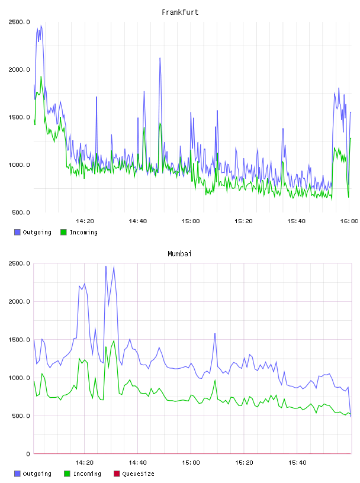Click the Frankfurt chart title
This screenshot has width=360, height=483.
pyautogui.click(x=180, y=12)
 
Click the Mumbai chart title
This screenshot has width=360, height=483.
pyautogui.click(x=179, y=254)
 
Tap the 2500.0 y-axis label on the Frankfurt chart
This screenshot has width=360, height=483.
pyautogui.click(x=19, y=22)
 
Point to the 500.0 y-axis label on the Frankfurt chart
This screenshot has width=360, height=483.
pyautogui.click(x=21, y=212)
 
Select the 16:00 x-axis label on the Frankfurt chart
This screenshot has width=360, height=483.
pyautogui.click(x=349, y=221)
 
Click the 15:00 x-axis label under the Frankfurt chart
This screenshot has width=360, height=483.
pyautogui.click(x=191, y=221)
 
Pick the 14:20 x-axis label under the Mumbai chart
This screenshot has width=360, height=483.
pyautogui.click(x=85, y=463)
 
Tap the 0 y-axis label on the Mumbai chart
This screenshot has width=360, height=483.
pyautogui.click(x=28, y=454)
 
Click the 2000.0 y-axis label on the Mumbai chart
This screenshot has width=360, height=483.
pyautogui.click(x=19, y=301)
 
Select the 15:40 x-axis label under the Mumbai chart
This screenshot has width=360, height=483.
pyautogui.click(x=297, y=463)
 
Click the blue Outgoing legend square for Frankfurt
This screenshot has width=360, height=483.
pyautogui.click(x=17, y=232)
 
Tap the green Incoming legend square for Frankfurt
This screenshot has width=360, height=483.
pyautogui.click(x=63, y=232)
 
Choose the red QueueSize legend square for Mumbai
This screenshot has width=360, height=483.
pyautogui.click(x=117, y=474)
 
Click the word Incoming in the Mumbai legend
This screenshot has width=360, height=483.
pyautogui.click(x=87, y=474)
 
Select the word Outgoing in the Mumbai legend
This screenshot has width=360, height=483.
pyautogui.click(x=37, y=474)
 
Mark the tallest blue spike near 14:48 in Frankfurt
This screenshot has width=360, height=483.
pyautogui.click(x=160, y=58)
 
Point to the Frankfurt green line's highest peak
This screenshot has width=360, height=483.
pyautogui.click(x=41, y=77)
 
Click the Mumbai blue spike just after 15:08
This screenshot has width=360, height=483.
pyautogui.click(x=215, y=334)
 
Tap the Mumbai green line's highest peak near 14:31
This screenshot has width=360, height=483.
pyautogui.click(x=114, y=341)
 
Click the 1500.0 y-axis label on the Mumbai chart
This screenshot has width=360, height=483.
pyautogui.click(x=19, y=340)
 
